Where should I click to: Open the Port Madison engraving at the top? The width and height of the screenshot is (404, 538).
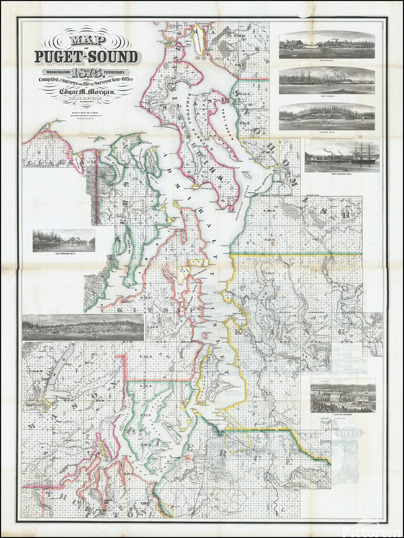[327, 45]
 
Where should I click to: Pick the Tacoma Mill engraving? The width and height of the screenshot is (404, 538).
[327, 117]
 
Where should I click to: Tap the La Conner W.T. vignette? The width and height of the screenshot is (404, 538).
[63, 240]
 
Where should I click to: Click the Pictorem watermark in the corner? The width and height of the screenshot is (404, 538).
[380, 530]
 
